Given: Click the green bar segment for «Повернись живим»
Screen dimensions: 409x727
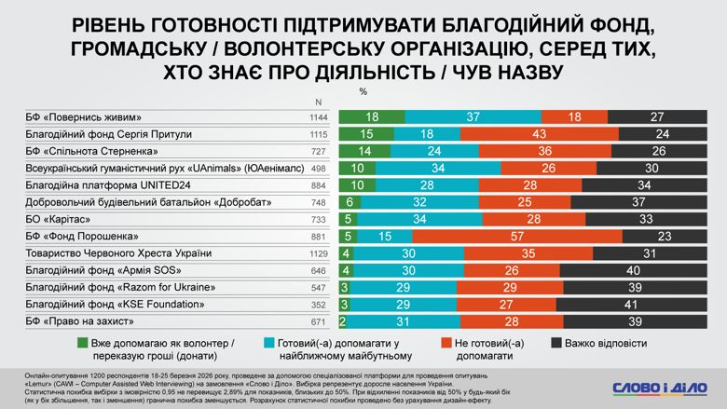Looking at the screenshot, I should [x=372, y=117].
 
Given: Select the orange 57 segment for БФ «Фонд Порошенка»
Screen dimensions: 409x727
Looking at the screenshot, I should [x=514, y=237].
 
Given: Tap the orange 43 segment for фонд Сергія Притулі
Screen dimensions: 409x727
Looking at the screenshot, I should [x=539, y=134].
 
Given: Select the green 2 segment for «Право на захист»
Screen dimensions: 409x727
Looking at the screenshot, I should [x=342, y=321].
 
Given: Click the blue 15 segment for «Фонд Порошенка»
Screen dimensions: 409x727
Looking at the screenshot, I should [x=385, y=237].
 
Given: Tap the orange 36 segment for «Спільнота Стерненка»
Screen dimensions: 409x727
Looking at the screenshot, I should [x=544, y=151].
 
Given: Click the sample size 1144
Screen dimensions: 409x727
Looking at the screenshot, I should [x=319, y=117].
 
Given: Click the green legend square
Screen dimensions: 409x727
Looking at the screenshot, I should [x=83, y=343].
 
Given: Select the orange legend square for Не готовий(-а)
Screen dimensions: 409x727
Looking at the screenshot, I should [x=445, y=343].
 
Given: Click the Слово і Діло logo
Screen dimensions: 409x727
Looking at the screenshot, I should [x=659, y=388].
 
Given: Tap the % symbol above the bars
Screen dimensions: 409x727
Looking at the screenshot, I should [x=363, y=91].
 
